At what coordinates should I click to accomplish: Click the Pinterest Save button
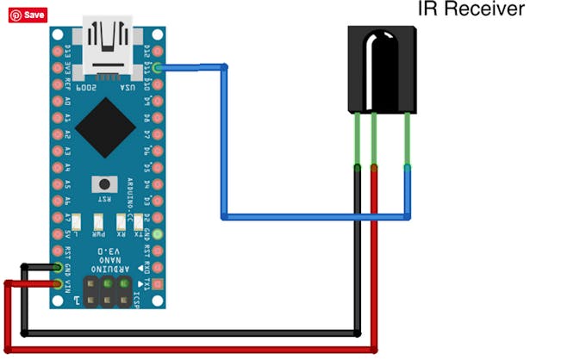28,15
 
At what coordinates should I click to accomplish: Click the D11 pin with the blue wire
158,65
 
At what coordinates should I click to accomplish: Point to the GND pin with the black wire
59,267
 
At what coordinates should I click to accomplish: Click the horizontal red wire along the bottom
190,349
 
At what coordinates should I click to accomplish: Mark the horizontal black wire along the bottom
190,332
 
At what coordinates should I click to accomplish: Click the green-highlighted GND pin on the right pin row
158,233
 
